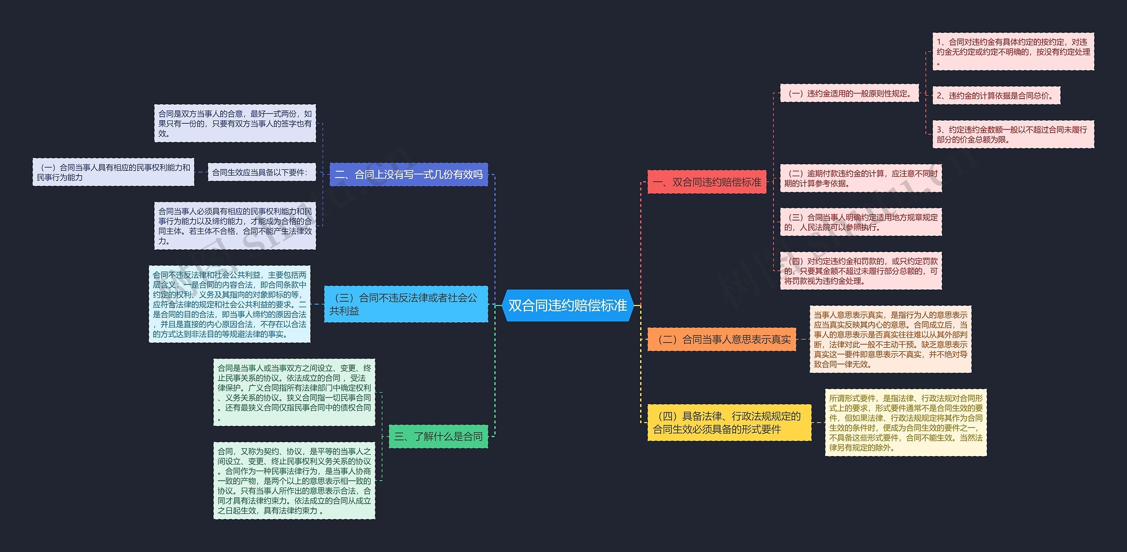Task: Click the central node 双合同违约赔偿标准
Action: coord(567,305)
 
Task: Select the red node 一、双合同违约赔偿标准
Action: coord(707,182)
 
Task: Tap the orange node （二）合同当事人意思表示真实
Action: coord(722,339)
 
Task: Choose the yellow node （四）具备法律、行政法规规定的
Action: coord(729,423)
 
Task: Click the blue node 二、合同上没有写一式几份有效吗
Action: coord(409,174)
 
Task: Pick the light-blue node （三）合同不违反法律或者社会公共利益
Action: coord(406,304)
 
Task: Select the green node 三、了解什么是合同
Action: coord(438,436)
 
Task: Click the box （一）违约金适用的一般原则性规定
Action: coord(849,93)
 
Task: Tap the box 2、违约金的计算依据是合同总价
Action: coord(996,96)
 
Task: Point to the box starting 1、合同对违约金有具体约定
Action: coord(1013,52)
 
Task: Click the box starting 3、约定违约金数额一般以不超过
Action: coord(1013,134)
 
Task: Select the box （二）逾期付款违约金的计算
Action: coord(861,178)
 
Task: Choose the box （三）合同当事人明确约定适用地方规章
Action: coord(861,222)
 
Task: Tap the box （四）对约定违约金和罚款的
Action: coord(861,271)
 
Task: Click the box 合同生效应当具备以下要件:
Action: coord(261,172)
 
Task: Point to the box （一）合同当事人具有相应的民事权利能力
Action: coord(113,172)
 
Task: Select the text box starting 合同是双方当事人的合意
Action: coord(235,123)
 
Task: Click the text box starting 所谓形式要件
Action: coord(906,423)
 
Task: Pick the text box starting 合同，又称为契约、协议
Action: coord(294,481)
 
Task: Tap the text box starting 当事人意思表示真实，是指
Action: coord(890,339)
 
